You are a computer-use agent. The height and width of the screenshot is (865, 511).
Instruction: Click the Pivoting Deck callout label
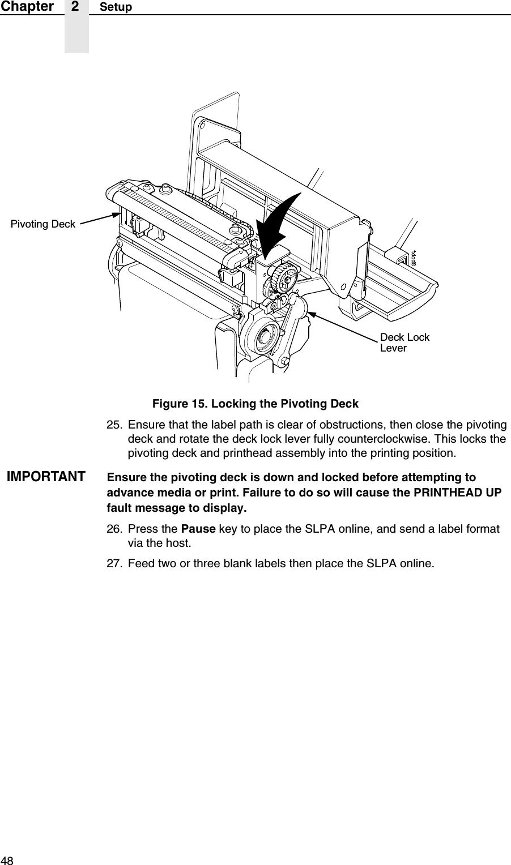43,224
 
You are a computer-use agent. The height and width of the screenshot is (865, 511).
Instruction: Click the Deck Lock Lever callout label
404,342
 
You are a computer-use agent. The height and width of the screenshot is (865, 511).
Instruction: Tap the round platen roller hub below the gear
263,336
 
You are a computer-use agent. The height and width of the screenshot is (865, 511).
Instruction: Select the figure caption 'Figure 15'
255,404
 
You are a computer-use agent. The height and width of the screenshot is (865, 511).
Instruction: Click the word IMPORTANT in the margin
46,476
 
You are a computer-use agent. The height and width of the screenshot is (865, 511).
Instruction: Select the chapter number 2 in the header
76,7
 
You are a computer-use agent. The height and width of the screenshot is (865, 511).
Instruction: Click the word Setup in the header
116,7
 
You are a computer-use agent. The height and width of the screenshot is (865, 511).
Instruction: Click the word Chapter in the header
27,7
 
